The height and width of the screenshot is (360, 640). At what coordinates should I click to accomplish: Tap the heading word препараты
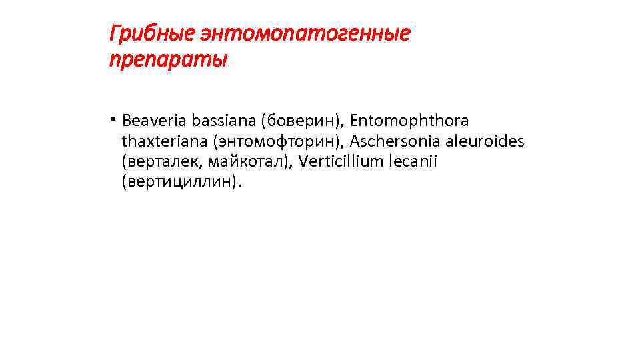click(x=167, y=60)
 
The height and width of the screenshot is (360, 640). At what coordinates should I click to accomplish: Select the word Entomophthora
click(x=409, y=121)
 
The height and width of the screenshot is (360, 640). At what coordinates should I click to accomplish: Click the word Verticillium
click(x=340, y=161)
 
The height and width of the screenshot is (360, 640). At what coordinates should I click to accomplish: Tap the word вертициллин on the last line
click(x=179, y=181)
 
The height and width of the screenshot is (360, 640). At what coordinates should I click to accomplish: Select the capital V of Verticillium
click(x=304, y=161)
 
